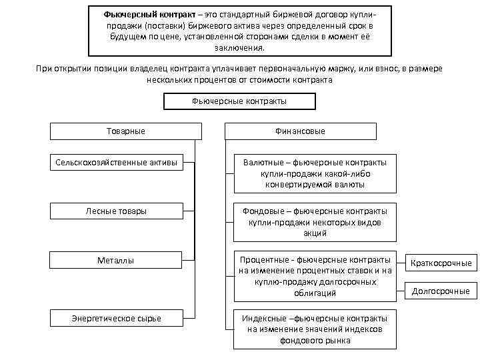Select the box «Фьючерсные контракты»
[239, 101]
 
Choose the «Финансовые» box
[301, 131]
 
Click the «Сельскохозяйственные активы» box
[116, 161]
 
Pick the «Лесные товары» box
[116, 211]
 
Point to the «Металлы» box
[116, 260]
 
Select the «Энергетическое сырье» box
[116, 318]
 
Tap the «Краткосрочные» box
[441, 263]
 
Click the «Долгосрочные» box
[441, 291]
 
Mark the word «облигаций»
[314, 293]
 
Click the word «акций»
[314, 233]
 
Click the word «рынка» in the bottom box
[337, 341]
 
